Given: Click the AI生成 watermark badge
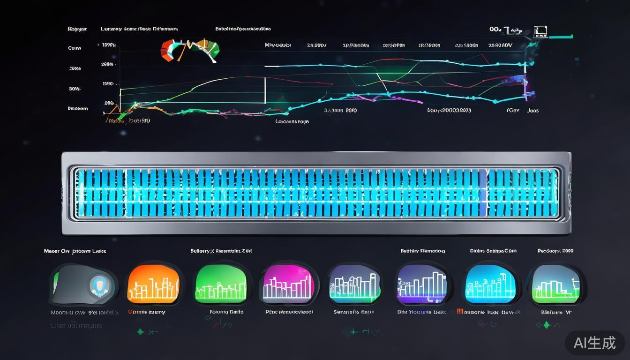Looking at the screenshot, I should (x=594, y=343).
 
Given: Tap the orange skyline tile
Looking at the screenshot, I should (x=153, y=284).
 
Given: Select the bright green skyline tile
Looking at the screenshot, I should (x=220, y=284).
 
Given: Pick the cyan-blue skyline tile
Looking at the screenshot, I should (x=489, y=284).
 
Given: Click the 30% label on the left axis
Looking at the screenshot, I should (x=75, y=89).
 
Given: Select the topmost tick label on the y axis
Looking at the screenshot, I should (x=108, y=45).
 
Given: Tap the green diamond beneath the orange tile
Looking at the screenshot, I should (x=140, y=331).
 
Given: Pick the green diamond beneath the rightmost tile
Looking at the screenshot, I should (x=545, y=325).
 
